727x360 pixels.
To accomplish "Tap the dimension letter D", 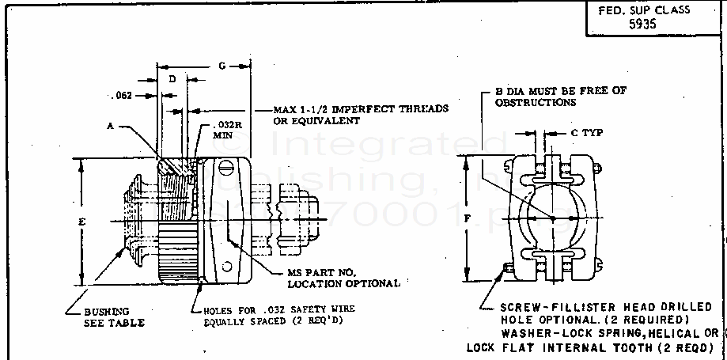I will click(172, 80).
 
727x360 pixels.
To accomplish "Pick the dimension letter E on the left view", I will click(82, 223).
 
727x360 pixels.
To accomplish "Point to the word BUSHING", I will click(106, 312).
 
